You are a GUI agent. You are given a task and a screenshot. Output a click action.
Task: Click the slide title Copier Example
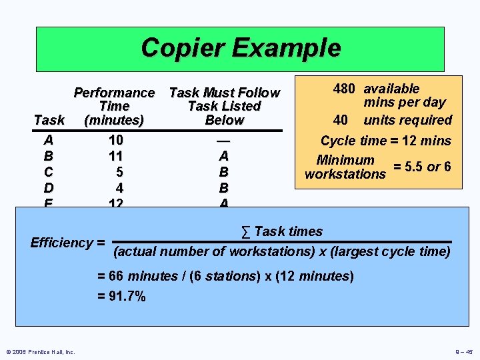pyautogui.click(x=240, y=48)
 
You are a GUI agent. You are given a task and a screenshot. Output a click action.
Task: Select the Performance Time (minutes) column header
pyautogui.click(x=114, y=106)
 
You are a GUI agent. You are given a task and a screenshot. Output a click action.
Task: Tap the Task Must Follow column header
pyautogui.click(x=225, y=106)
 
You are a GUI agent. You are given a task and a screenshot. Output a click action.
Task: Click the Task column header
pyautogui.click(x=49, y=120)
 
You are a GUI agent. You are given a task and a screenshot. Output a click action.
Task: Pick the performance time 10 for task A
pyautogui.click(x=115, y=141)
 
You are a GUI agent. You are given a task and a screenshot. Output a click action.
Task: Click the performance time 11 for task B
pyautogui.click(x=115, y=156)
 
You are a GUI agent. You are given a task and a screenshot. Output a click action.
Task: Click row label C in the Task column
pyautogui.click(x=49, y=172)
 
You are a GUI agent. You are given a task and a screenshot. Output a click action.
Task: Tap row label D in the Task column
pyautogui.click(x=49, y=187)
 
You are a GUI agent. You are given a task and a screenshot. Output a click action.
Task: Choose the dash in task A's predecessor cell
pyautogui.click(x=224, y=141)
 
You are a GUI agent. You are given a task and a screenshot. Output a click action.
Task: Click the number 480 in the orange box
pyautogui.click(x=344, y=89)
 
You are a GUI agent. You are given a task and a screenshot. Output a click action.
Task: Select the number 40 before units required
pyautogui.click(x=341, y=120)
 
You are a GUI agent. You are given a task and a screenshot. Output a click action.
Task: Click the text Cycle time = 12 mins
pyautogui.click(x=386, y=141)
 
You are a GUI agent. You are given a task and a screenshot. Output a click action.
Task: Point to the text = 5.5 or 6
pyautogui.click(x=422, y=167)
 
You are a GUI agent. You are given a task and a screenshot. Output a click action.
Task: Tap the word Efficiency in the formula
pyautogui.click(x=62, y=243)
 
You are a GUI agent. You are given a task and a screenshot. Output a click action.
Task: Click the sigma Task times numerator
pyautogui.click(x=281, y=232)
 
